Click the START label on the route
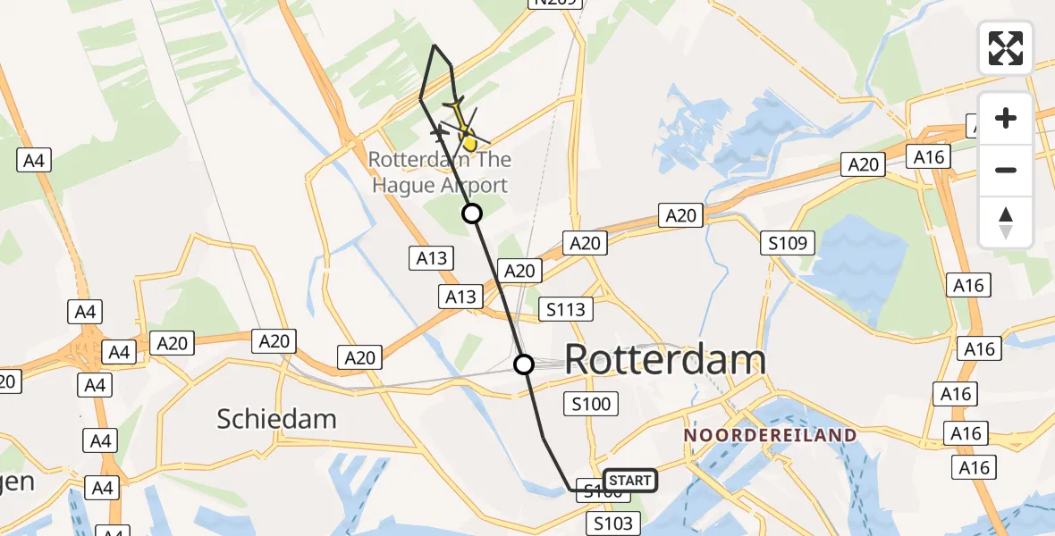(630, 481)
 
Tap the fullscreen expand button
(1006, 47)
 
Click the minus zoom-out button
(1006, 170)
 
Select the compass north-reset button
(1006, 222)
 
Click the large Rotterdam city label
(665, 359)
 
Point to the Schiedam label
(276, 418)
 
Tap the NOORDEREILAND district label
(770, 435)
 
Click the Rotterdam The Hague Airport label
(440, 173)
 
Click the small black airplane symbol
(438, 133)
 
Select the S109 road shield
(788, 242)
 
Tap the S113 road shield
(566, 310)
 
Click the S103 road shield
(613, 523)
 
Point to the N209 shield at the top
(555, 4)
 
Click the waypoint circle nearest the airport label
(471, 213)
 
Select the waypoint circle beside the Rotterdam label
(524, 364)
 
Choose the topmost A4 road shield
(34, 161)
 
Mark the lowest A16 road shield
(974, 467)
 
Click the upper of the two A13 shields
(432, 258)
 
